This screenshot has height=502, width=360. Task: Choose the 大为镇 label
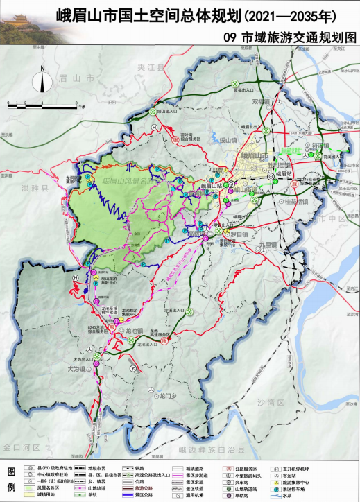(x=77, y=370)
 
